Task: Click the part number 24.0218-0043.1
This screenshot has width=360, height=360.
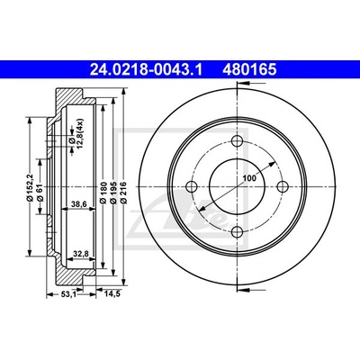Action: [x=147, y=70]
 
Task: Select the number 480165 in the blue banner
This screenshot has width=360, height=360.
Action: [x=249, y=70]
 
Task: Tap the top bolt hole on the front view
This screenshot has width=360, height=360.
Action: [x=238, y=141]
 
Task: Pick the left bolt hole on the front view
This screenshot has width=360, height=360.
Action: [x=192, y=186]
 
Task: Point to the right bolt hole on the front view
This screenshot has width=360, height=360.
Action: [x=283, y=186]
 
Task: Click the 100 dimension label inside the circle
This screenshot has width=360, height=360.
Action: [x=249, y=178]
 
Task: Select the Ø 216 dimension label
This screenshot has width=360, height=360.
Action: [x=123, y=193]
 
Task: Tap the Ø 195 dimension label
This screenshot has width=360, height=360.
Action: [x=113, y=193]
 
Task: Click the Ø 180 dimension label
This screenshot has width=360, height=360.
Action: [x=103, y=193]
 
